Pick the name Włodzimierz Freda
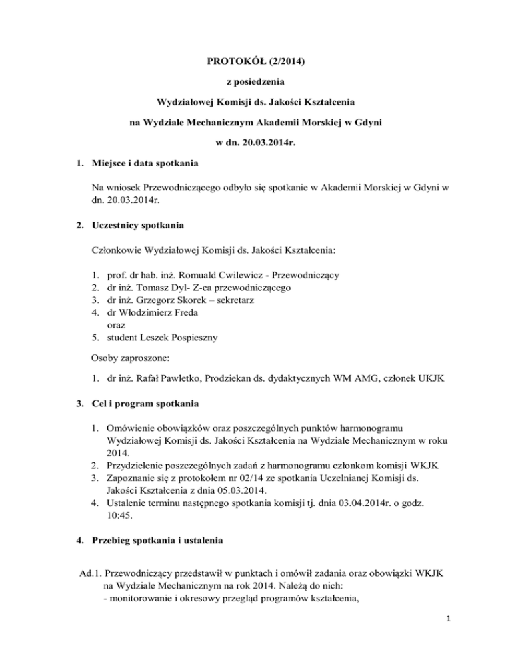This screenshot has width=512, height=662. click(x=155, y=312)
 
